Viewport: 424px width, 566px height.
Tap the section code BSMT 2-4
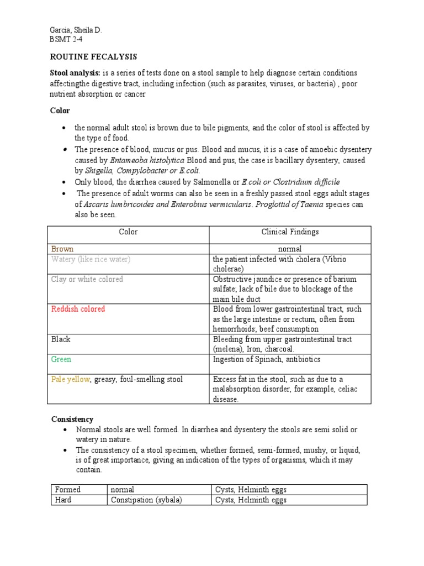(x=66, y=40)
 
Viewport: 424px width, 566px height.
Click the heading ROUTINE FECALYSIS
(x=93, y=57)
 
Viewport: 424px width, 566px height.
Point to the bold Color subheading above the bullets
(x=60, y=111)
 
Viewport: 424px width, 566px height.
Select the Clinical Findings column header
(x=290, y=232)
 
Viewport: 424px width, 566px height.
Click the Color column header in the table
(x=128, y=232)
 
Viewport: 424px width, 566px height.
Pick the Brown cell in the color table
(x=62, y=249)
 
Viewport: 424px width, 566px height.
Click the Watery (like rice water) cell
(x=91, y=259)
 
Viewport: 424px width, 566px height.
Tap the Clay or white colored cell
(x=87, y=279)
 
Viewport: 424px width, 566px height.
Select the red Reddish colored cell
(x=78, y=309)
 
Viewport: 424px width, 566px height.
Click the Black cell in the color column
(x=61, y=339)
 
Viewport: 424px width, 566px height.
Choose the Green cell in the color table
(x=61, y=359)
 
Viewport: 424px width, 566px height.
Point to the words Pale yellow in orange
(x=70, y=379)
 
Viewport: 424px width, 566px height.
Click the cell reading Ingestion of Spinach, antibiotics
(x=267, y=359)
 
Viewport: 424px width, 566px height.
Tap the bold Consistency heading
(x=72, y=420)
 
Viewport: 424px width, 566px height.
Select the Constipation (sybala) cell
(x=146, y=500)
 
